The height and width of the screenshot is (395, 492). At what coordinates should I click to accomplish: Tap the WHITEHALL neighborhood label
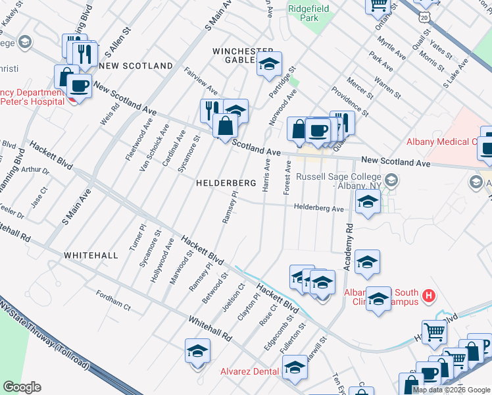91,255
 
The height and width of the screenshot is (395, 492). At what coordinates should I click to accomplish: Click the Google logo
22,387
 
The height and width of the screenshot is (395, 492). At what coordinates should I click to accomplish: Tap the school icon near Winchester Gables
268,65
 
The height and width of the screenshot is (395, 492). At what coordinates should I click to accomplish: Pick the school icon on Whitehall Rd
197,352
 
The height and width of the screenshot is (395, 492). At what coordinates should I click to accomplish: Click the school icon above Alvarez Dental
295,368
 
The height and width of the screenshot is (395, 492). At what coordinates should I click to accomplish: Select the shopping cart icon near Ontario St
379,5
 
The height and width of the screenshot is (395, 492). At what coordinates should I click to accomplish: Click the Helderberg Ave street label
319,209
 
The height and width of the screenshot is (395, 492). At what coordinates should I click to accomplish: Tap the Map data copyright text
451,390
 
